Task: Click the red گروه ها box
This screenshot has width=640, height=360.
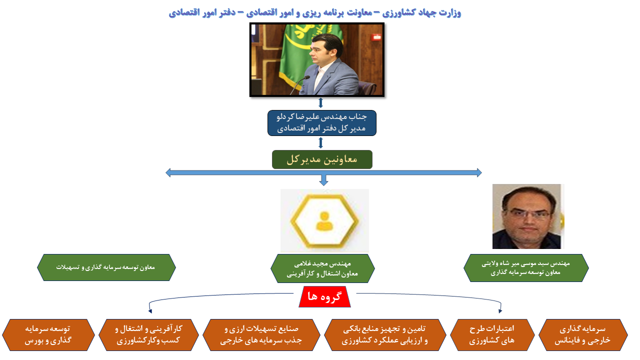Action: pos(324,296)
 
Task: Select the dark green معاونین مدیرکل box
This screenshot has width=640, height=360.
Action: pos(322,159)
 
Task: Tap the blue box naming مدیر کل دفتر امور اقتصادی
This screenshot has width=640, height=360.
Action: pos(321,123)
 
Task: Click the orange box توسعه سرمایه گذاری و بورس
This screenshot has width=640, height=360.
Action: pos(48,335)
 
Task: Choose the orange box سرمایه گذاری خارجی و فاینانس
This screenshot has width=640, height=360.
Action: pos(583,335)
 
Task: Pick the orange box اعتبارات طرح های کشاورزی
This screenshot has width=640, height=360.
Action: pos(492,335)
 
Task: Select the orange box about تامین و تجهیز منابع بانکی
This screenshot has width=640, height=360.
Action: pos(385,335)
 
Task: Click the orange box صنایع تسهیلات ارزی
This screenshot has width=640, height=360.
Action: pos(261,335)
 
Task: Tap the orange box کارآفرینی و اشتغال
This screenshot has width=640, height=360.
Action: pos(148,335)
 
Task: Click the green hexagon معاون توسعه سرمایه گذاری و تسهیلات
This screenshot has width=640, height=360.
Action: pos(106,267)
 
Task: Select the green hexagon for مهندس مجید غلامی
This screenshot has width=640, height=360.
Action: pos(322,268)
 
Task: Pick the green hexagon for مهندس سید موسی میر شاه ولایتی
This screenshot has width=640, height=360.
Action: pos(526,268)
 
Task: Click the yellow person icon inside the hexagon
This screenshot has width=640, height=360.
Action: pos(324,221)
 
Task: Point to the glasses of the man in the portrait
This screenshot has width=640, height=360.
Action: pos(528,213)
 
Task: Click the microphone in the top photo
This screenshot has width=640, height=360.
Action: pos(299,85)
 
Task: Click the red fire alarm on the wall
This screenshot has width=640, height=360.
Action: pos(376,37)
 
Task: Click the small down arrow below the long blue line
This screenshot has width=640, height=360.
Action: pos(323,180)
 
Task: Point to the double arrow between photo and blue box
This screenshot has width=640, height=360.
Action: pos(320,103)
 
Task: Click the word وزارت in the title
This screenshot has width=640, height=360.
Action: pos(451,13)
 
